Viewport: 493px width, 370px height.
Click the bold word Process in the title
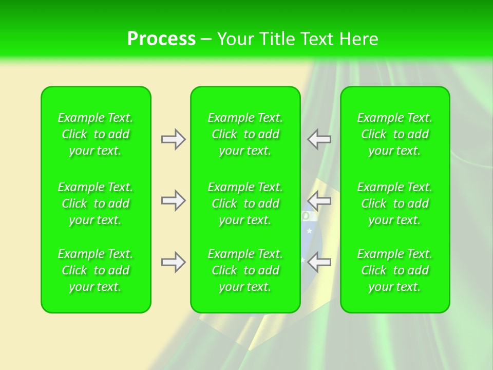coord(161,39)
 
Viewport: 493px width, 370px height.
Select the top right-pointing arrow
coord(173,139)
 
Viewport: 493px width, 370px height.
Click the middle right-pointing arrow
coord(173,200)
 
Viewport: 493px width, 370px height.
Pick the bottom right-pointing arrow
coord(173,262)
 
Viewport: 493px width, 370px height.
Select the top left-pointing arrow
coord(319,139)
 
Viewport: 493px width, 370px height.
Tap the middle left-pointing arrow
coord(319,200)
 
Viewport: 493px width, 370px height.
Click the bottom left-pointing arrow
coord(319,262)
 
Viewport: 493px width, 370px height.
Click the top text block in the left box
coord(96,134)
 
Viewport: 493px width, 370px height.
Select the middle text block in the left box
coord(96,203)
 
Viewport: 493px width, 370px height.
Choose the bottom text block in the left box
coord(96,270)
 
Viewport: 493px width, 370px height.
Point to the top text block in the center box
coord(245,134)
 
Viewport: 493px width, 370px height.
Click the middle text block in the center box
coord(245,203)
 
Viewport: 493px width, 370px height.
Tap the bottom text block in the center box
coord(245,270)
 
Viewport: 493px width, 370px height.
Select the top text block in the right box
coord(394,134)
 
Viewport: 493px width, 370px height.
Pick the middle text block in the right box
coord(394,203)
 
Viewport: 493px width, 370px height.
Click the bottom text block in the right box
coord(394,270)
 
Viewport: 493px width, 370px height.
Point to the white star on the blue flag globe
coord(309,231)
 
